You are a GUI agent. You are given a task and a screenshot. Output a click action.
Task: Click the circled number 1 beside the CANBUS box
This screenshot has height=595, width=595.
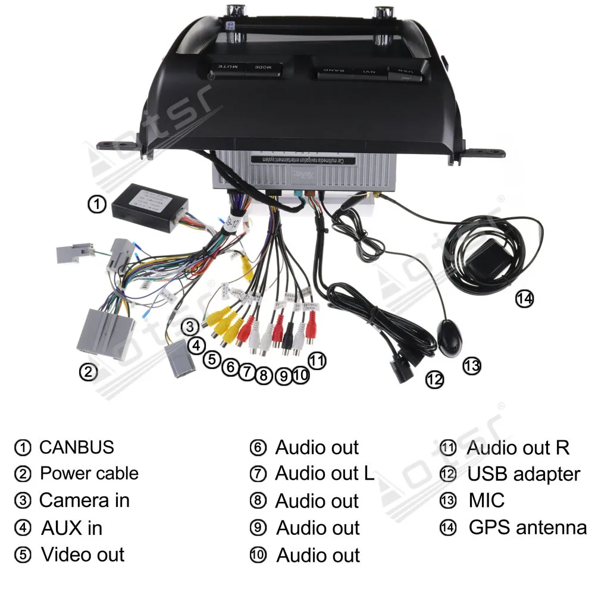(x=97, y=204)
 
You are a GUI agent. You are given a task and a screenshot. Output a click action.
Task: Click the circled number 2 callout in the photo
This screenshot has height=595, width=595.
(x=88, y=372)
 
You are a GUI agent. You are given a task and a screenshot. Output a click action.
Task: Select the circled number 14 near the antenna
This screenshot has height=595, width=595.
(x=524, y=298)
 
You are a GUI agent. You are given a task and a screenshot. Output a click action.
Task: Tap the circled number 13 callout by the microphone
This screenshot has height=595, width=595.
(x=471, y=365)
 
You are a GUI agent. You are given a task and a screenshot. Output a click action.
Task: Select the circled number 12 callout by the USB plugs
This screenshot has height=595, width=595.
(x=435, y=379)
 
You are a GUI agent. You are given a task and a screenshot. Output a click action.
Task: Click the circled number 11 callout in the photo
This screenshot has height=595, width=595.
(x=317, y=360)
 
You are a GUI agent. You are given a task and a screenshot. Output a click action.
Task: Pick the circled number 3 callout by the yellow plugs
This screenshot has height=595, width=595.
(x=190, y=326)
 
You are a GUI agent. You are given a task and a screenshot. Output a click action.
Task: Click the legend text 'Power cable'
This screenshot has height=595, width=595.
(x=89, y=474)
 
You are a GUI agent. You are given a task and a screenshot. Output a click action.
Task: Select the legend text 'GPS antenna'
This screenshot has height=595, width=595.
(x=527, y=527)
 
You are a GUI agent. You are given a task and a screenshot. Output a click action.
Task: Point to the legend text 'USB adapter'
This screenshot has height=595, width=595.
(x=523, y=474)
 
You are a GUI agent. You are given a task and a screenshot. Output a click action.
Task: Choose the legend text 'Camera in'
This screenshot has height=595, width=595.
(x=84, y=500)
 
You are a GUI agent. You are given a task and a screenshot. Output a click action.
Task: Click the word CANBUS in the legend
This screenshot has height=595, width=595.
(x=76, y=447)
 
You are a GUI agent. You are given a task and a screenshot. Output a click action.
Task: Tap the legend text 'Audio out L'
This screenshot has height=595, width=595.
(x=324, y=474)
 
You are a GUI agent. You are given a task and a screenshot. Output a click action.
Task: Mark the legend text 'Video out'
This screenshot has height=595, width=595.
(x=83, y=555)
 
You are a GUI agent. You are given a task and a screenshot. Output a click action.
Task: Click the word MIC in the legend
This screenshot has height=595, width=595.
(x=486, y=500)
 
